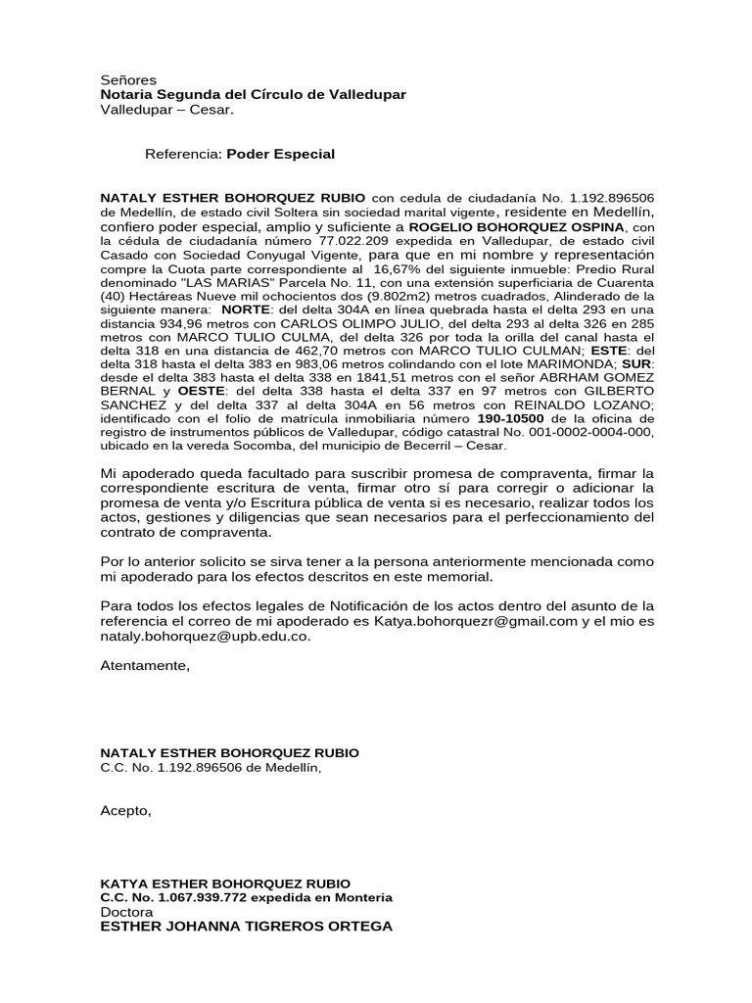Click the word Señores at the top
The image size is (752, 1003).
tap(129, 79)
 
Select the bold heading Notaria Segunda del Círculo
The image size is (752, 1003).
tap(253, 94)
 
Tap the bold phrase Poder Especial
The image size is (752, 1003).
tap(281, 154)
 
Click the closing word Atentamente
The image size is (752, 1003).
tap(144, 666)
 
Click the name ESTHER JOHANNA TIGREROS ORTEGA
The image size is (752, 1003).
tap(247, 926)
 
